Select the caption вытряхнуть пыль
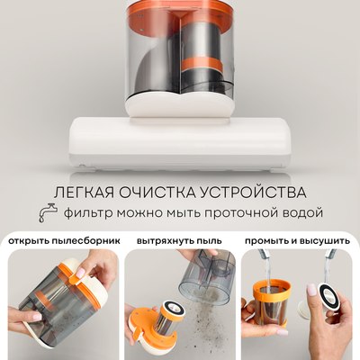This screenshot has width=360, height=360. coord(180,241)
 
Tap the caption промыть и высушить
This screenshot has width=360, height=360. coord(300,241)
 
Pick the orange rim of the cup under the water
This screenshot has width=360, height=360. coord(269,295)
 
